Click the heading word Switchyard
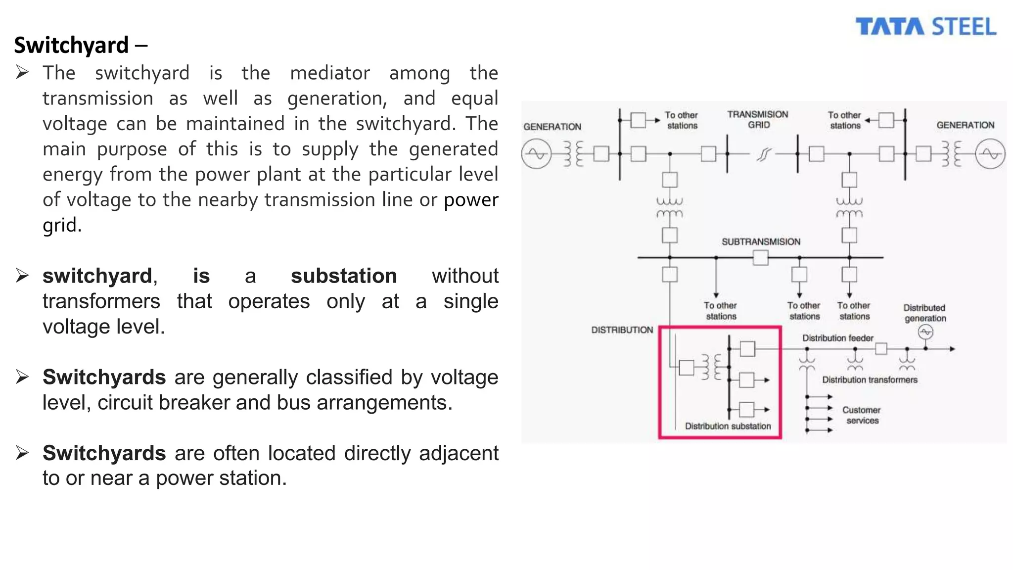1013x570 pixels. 71,45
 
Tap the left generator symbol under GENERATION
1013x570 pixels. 536,154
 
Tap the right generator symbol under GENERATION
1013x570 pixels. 990,154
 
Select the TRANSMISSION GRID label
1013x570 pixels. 758,119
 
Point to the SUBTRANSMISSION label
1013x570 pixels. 761,242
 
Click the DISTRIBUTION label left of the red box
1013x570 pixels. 622,330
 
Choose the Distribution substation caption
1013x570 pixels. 728,426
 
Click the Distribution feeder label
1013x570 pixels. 837,338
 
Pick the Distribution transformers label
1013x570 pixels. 870,380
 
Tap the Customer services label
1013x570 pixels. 862,415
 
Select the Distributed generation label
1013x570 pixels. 925,313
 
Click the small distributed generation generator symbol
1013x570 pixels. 925,332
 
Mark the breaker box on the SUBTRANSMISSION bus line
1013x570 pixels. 760,258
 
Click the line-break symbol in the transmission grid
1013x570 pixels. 763,154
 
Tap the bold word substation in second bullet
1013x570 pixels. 343,276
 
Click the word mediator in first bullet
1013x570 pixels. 329,73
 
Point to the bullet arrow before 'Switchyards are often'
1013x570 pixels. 22,453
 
